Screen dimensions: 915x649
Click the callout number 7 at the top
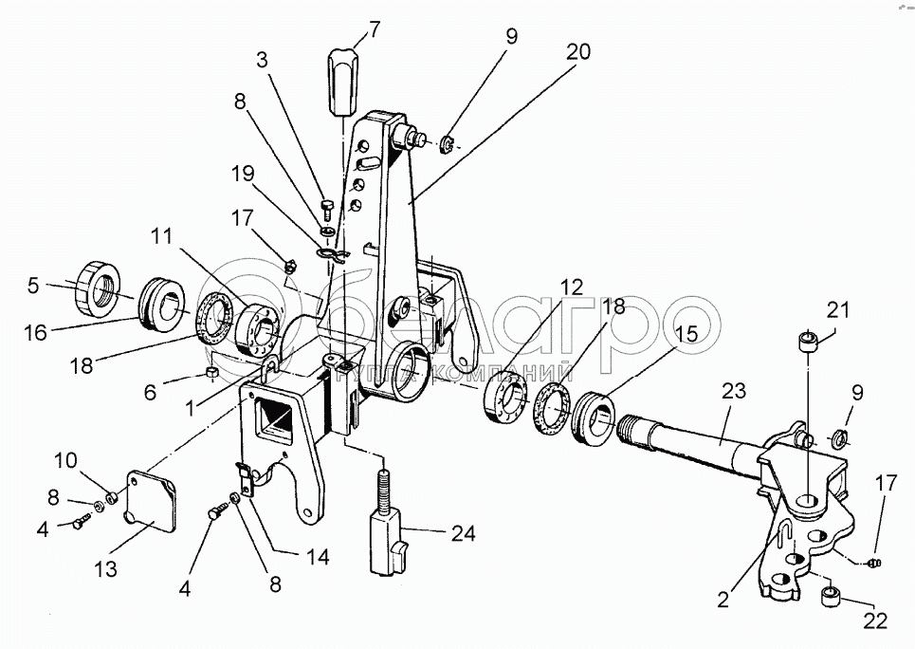[x=374, y=29]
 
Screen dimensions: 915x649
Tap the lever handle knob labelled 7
[x=343, y=82]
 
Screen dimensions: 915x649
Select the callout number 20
[x=577, y=52]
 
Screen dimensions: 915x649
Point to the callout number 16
[x=36, y=332]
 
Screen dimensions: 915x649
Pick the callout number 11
[x=161, y=236]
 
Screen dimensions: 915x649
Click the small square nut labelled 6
[x=213, y=372]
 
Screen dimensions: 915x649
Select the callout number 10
[x=66, y=460]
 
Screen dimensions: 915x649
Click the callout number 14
[x=317, y=557]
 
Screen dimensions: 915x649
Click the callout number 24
[x=464, y=533]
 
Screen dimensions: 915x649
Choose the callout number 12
[x=572, y=287]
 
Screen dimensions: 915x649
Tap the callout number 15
[x=688, y=334]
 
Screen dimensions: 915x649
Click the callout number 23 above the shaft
[x=734, y=391]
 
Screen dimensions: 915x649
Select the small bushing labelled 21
[x=808, y=341]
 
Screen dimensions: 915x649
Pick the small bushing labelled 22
[x=830, y=597]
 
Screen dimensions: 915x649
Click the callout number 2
[x=723, y=600]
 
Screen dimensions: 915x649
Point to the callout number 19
[x=243, y=174]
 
